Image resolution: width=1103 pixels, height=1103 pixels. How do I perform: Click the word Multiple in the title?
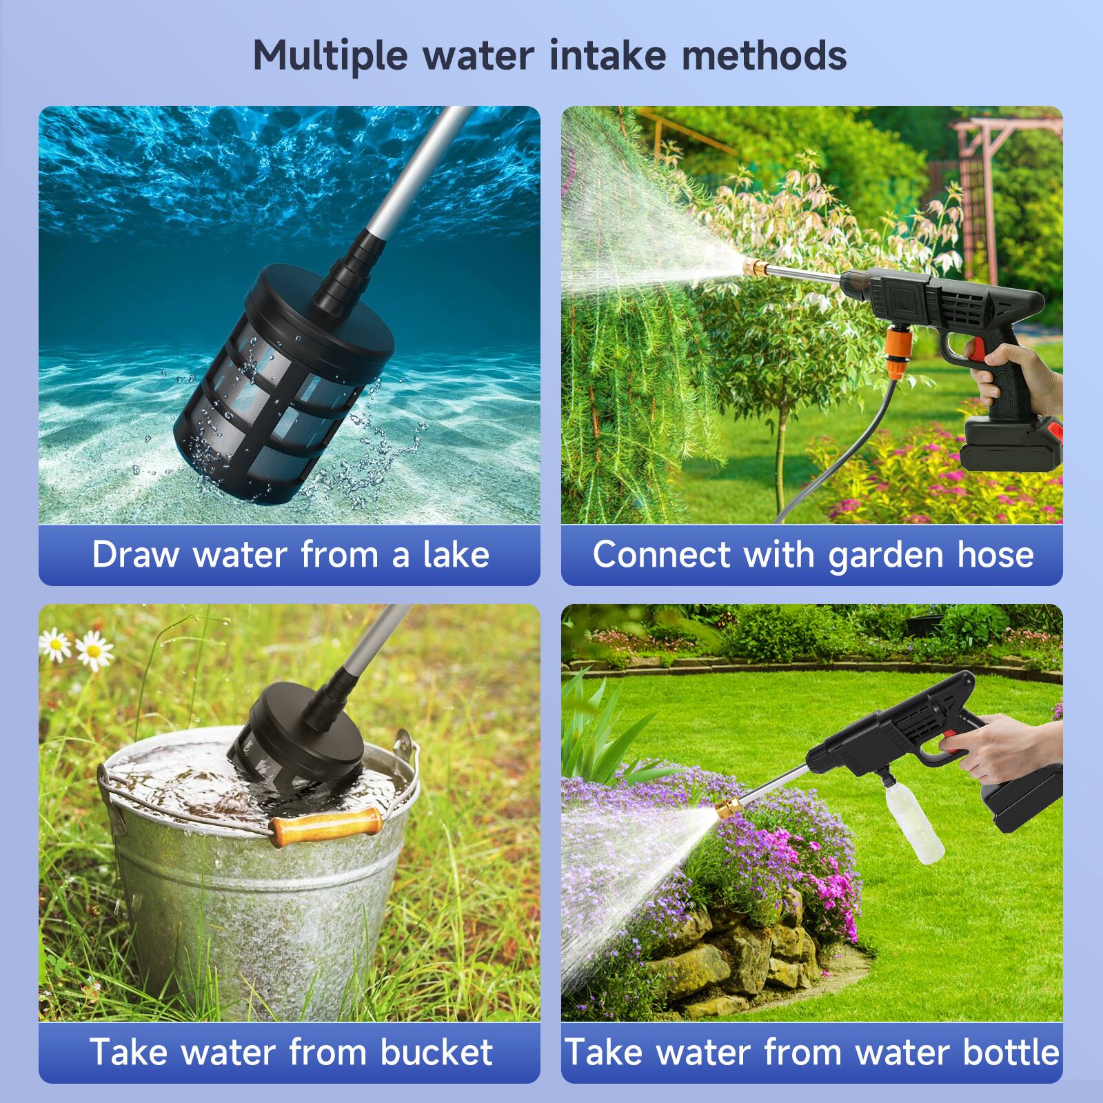[x=330, y=56]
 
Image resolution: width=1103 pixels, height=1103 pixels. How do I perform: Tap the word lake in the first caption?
[x=456, y=555]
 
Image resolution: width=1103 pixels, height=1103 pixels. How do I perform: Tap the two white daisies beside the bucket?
[x=76, y=649]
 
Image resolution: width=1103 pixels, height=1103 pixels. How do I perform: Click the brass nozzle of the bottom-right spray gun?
[x=729, y=806]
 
